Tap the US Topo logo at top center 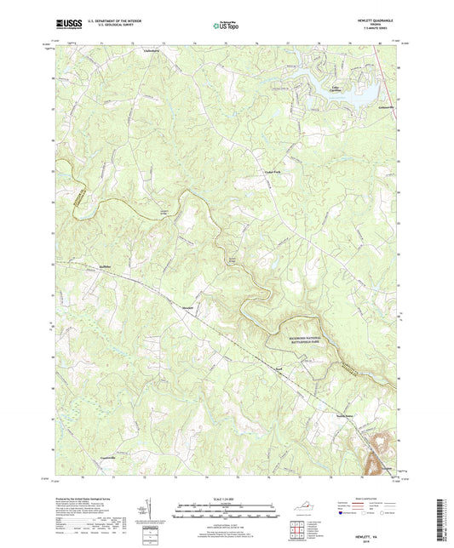pyautogui.click(x=226, y=26)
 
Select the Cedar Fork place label pyautogui.click(x=268, y=171)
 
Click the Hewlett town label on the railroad pyautogui.click(x=188, y=307)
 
